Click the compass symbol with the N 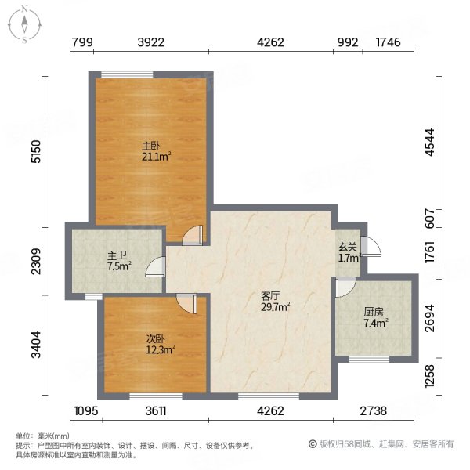(25, 24)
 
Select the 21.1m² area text (156, 156)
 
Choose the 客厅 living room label (270, 296)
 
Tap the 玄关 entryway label (347, 246)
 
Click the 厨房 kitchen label (373, 311)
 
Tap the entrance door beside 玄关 (370, 246)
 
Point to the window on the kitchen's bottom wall (367, 359)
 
